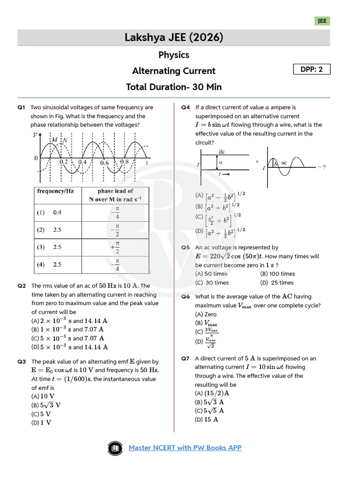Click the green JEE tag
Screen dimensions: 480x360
point(322,21)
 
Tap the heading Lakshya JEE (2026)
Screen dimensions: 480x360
point(173,37)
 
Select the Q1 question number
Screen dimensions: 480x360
point(21,107)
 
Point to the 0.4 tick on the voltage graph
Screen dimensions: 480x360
point(82,162)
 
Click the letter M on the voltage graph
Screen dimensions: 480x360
point(55,140)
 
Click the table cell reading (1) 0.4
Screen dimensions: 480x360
point(49,212)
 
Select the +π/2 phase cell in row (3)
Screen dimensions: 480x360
point(115,247)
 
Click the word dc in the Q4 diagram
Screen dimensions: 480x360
point(222,152)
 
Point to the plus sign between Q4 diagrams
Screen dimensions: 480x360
point(257,161)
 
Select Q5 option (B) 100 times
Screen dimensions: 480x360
point(277,274)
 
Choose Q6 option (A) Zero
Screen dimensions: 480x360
point(206,315)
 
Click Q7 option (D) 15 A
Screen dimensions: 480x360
point(207,420)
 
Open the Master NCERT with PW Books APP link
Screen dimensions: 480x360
point(185,448)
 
